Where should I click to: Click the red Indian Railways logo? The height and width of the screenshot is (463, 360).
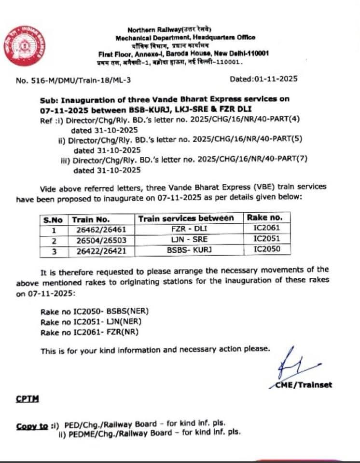(25, 46)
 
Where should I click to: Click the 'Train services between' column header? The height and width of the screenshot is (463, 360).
(186, 218)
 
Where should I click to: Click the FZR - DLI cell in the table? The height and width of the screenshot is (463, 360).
(186, 229)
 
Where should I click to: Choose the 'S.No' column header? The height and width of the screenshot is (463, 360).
(54, 219)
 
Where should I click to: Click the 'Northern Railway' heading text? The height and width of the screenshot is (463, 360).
(169, 30)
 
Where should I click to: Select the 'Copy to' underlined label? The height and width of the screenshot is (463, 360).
(32, 426)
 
